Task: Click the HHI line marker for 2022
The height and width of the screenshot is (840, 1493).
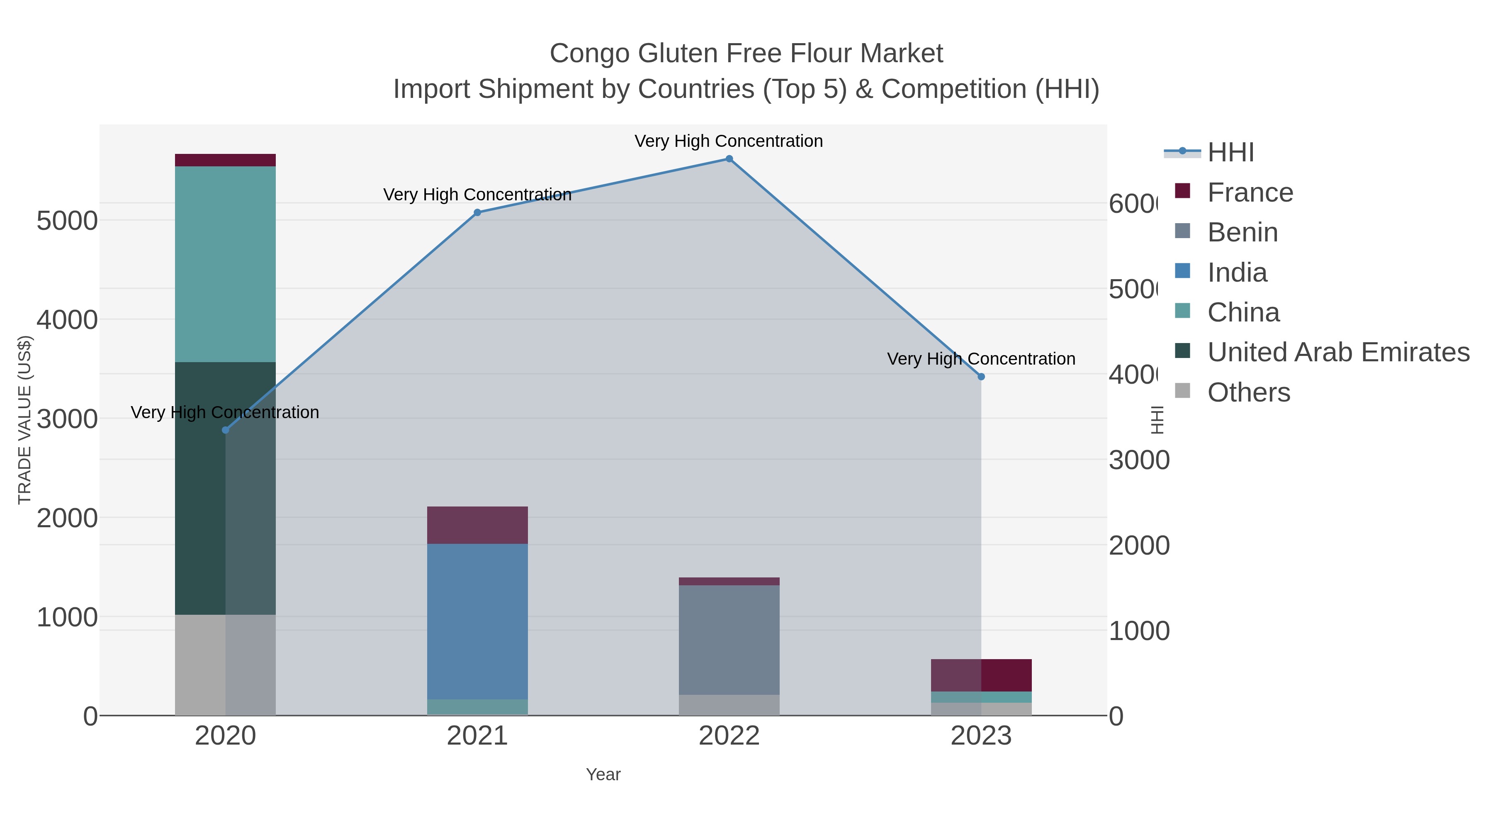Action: click(729, 159)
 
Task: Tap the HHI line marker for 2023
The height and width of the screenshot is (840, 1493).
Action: click(981, 377)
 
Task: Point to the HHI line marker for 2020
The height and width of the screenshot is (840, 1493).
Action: click(226, 430)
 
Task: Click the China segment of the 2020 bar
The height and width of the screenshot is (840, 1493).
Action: click(226, 264)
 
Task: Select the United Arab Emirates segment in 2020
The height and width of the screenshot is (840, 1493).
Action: click(200, 488)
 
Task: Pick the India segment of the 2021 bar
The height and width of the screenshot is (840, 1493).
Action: click(478, 621)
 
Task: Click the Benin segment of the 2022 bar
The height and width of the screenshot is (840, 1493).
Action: click(729, 640)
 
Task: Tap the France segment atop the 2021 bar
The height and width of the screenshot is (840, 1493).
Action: click(478, 525)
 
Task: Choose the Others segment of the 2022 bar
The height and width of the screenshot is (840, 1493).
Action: click(729, 705)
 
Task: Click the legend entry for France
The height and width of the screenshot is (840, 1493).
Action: click(1250, 192)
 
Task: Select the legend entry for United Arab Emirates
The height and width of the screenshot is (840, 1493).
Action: click(1337, 352)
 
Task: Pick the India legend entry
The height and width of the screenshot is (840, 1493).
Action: click(1237, 273)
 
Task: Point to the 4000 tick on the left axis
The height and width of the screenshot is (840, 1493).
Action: click(67, 320)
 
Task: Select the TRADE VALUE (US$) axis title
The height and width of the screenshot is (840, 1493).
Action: click(25, 420)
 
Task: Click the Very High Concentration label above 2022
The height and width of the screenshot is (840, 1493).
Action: click(729, 141)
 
